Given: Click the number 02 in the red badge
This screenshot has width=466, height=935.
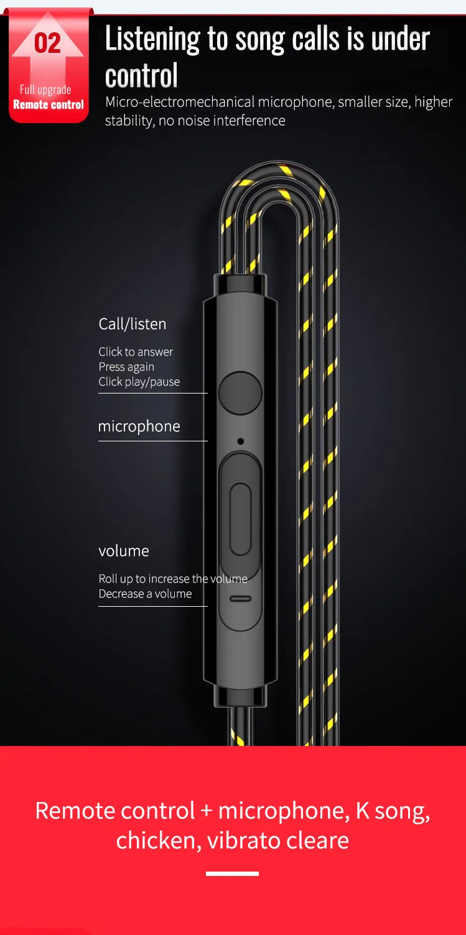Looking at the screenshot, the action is click(x=47, y=44).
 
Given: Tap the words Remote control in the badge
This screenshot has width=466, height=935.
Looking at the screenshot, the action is click(x=49, y=104).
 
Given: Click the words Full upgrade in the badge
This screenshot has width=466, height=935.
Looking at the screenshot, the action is click(x=45, y=90).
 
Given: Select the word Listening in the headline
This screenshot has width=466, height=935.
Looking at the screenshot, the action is click(x=152, y=39).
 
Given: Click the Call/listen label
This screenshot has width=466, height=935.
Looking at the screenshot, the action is click(x=132, y=324).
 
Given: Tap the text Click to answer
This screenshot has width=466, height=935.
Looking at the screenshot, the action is click(x=136, y=352).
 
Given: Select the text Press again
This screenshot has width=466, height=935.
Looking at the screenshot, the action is click(x=126, y=367).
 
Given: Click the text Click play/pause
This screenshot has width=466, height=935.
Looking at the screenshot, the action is click(x=139, y=382).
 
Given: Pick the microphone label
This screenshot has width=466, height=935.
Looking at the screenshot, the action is click(x=139, y=426).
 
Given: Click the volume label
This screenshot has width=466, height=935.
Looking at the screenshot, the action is click(x=124, y=551).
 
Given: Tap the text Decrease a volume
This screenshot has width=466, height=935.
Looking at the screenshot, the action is click(x=145, y=594).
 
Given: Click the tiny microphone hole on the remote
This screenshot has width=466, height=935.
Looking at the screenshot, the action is click(x=240, y=441).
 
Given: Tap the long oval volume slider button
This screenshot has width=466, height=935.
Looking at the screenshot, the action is click(x=240, y=520).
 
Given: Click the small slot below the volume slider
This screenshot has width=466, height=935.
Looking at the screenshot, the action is click(x=240, y=599).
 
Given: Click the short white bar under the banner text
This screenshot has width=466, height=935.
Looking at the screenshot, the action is click(x=232, y=873).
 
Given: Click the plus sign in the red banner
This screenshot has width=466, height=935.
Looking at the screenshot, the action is click(x=206, y=811).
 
